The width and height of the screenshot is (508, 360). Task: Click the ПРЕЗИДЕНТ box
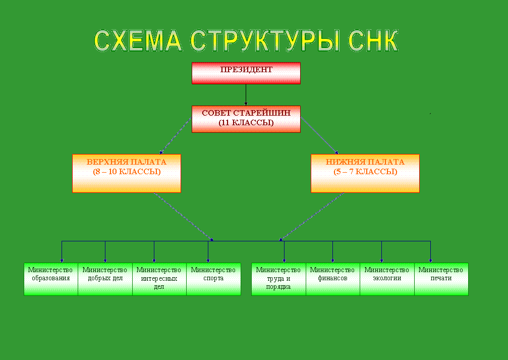click(x=246, y=73)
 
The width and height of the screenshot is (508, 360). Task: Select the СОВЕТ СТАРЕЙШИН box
click(x=246, y=119)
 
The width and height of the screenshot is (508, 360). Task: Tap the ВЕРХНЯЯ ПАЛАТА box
click(x=126, y=173)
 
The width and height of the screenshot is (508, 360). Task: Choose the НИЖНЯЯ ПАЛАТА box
click(x=365, y=173)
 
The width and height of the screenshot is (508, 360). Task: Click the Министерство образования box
click(x=51, y=279)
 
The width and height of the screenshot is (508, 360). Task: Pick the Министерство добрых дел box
click(x=105, y=279)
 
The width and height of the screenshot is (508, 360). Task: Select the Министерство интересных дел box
click(x=159, y=279)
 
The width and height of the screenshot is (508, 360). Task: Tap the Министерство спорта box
click(x=213, y=279)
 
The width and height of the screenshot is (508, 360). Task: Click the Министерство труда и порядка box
click(x=278, y=279)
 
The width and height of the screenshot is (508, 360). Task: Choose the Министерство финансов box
click(x=333, y=279)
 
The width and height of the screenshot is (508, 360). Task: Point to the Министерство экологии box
click(x=387, y=279)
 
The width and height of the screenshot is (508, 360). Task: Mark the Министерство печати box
click(x=441, y=279)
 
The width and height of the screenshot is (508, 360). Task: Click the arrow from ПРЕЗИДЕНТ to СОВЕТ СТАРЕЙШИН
click(x=246, y=95)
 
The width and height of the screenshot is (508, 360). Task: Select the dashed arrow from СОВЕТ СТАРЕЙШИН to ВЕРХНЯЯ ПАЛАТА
click(x=175, y=135)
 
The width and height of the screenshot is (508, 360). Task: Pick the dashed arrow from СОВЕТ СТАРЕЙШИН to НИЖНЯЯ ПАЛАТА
click(x=319, y=135)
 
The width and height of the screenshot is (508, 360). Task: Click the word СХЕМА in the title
click(x=138, y=41)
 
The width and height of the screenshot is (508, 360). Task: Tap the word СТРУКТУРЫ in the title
click(x=265, y=41)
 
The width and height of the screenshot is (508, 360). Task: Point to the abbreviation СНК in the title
click(x=373, y=41)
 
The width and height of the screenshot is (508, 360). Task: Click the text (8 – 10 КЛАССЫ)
click(x=127, y=172)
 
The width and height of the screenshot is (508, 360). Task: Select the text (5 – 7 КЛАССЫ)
click(x=365, y=172)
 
